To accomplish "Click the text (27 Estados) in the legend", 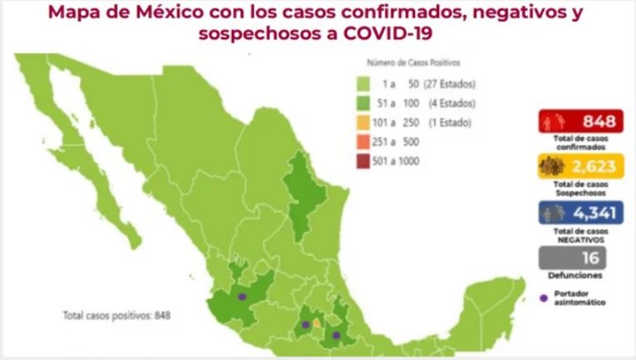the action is point(449,84).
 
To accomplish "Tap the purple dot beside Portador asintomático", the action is point(542,297).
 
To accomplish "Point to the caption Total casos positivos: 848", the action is point(116,315).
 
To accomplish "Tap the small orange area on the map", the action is point(317,323).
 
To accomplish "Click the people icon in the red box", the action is point(553,122).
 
